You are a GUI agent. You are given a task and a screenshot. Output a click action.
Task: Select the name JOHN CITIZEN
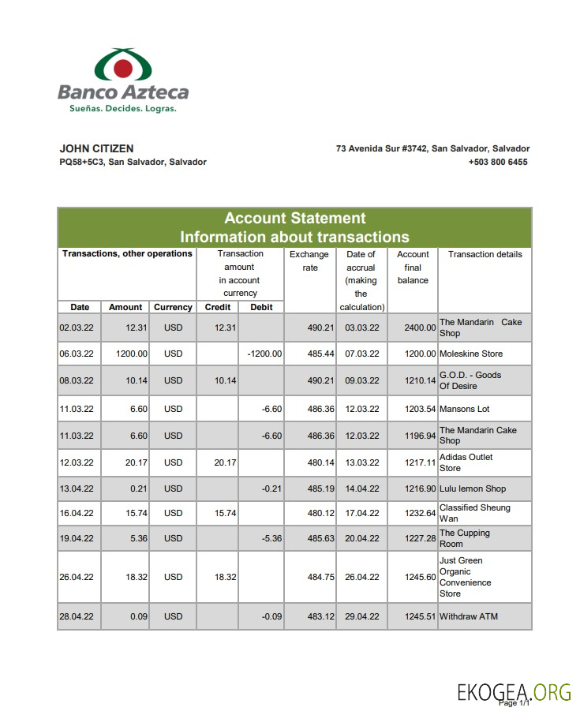click(96, 148)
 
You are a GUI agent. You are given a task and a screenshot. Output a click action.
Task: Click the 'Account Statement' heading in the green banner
click(294, 219)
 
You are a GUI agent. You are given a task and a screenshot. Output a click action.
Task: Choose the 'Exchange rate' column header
click(309, 261)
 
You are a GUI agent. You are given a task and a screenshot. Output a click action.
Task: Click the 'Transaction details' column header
click(485, 254)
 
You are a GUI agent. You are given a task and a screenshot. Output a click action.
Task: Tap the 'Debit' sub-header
click(261, 307)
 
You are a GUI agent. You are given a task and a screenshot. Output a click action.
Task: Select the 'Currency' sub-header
click(173, 307)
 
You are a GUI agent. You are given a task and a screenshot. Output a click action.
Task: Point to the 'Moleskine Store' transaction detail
click(471, 354)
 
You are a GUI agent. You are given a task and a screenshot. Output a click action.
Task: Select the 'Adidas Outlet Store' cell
click(466, 462)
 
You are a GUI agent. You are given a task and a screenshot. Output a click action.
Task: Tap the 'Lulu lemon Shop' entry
click(473, 489)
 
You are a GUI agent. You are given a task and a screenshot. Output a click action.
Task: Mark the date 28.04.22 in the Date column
click(77, 616)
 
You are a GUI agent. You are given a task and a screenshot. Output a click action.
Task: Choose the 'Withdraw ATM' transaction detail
click(469, 616)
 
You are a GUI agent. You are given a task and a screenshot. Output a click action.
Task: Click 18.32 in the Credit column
click(225, 577)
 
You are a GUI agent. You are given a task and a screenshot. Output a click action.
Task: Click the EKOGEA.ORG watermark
click(514, 692)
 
